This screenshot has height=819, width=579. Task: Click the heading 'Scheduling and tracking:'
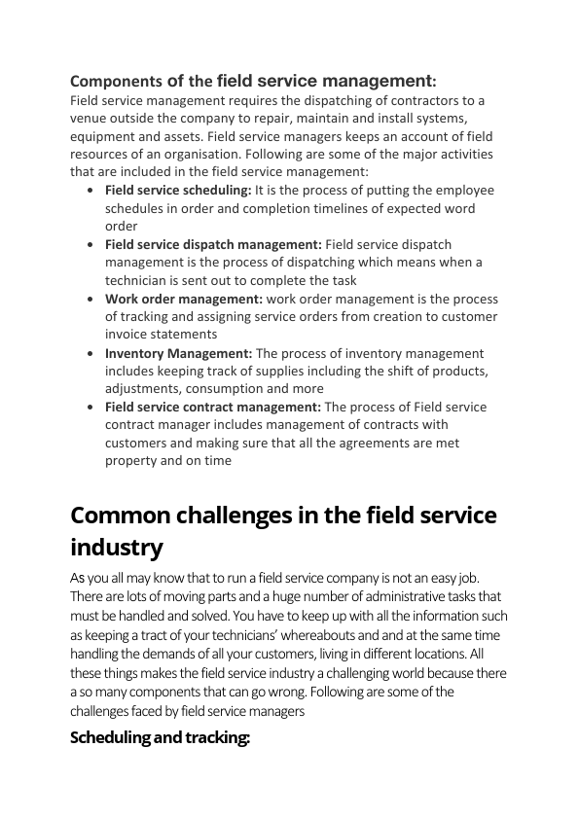click(x=161, y=737)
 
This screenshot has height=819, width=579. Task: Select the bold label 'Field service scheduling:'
click(x=178, y=191)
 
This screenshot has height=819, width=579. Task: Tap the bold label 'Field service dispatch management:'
click(x=213, y=244)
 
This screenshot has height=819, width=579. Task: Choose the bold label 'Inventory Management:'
click(x=178, y=353)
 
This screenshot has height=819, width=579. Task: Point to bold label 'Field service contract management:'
click(x=213, y=408)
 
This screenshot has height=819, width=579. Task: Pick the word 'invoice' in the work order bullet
click(x=130, y=335)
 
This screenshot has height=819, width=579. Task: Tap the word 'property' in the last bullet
click(x=130, y=461)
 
